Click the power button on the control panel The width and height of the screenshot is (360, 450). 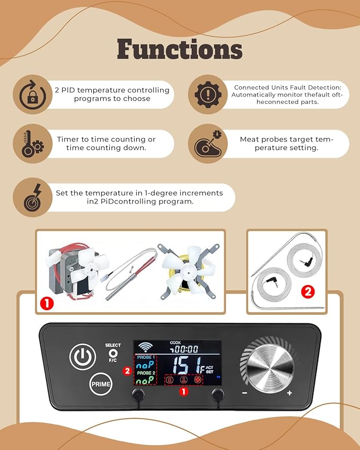click(83, 357)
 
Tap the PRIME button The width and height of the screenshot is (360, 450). click(101, 384)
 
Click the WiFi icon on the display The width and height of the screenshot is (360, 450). click(146, 347)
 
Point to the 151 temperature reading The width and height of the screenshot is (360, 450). click(185, 365)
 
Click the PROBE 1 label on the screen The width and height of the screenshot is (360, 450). click(146, 357)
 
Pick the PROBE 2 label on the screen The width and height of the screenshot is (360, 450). click(146, 373)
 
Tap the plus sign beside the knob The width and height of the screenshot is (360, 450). click(289, 393)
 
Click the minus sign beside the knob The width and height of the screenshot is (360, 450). click(244, 393)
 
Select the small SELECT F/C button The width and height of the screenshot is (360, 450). click(113, 352)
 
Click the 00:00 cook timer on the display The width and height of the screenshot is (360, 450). click(184, 349)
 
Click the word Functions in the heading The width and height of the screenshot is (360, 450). click(180, 49)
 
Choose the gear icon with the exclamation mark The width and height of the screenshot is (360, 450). click(208, 95)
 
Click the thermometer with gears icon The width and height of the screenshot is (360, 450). click(33, 144)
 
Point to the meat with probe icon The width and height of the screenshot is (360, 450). click(208, 144)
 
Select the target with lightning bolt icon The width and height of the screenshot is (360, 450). click(33, 198)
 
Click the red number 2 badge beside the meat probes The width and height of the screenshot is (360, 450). click(308, 292)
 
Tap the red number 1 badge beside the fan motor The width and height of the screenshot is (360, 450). click(47, 303)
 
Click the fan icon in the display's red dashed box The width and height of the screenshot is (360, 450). click(197, 380)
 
